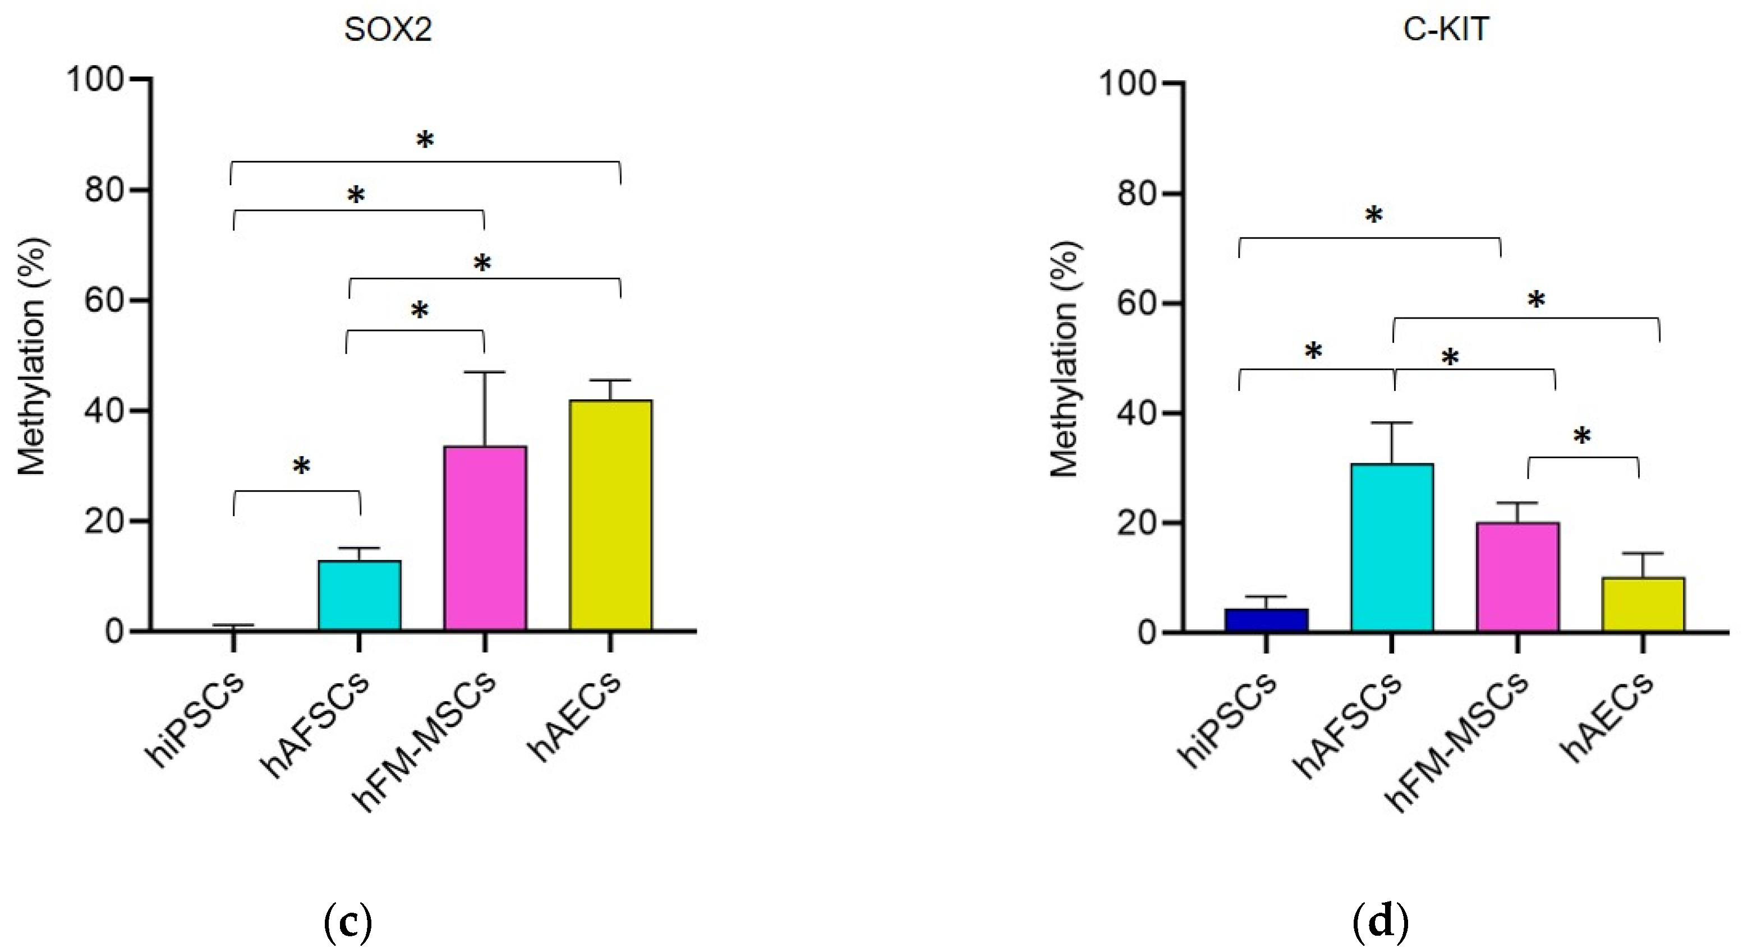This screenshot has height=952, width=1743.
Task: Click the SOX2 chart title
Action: click(388, 30)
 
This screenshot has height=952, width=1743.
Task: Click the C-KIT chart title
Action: click(1446, 30)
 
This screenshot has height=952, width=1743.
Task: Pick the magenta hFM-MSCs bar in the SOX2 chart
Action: click(485, 539)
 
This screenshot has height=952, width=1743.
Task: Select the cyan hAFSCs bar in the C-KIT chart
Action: click(1392, 548)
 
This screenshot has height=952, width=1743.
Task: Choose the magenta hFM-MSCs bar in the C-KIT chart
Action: click(1517, 577)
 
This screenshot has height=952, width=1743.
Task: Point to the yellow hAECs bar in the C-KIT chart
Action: click(1643, 604)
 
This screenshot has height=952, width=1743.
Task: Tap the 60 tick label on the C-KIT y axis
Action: click(1137, 304)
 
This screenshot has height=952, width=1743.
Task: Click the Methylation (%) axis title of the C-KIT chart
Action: click(1064, 358)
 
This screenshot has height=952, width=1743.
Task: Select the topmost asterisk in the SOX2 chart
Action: click(424, 141)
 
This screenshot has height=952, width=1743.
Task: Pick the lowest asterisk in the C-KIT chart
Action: click(1582, 436)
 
